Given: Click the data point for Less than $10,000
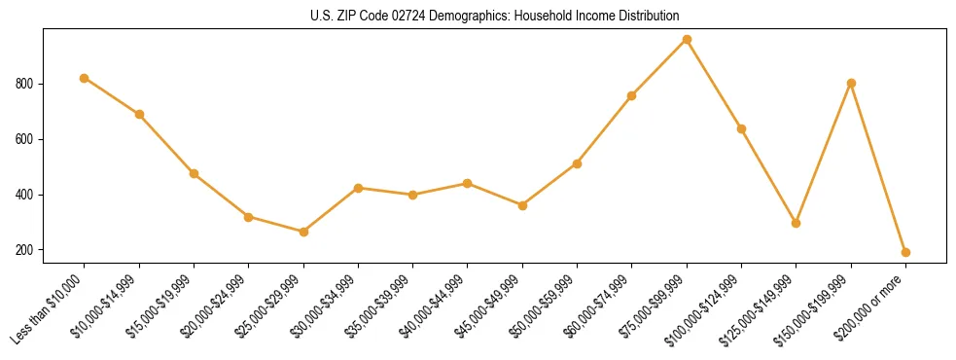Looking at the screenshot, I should pos(85,78).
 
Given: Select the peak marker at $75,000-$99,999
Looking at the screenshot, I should pos(687,40).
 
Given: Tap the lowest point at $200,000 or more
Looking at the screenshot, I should pos(905,252).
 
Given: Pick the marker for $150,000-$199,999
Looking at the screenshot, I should pos(851,83).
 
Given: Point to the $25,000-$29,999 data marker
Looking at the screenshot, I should pos(303,232).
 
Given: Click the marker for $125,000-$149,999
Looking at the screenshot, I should pos(797,223).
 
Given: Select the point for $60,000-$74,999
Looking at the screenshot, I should pos(632,95).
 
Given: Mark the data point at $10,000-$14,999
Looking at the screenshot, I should pos(139,114).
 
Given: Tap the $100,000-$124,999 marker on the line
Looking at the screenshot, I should pos(742,128).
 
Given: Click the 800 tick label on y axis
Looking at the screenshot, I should pos(25,85).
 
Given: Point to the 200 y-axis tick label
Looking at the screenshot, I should pos(25,250).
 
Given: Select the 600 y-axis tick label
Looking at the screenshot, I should pos(25,139).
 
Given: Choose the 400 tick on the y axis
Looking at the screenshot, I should pos(25,195).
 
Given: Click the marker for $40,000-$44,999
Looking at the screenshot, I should pos(468,183).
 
